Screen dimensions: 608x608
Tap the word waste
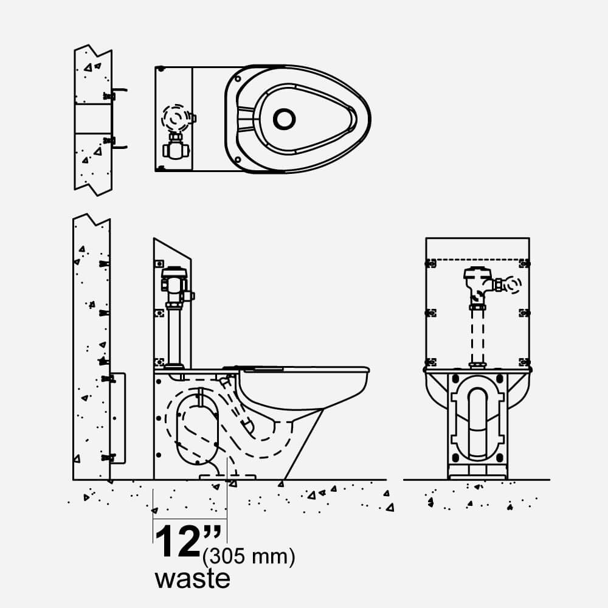point(192,578)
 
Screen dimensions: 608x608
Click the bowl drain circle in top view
point(284,119)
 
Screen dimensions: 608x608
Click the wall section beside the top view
point(93,120)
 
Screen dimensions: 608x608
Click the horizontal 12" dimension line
point(190,519)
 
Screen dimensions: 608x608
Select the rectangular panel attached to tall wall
point(119,418)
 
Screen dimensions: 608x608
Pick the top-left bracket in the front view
point(430,263)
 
